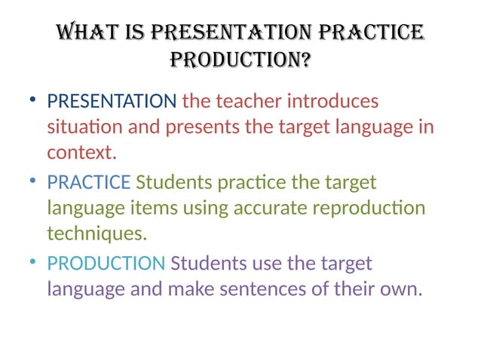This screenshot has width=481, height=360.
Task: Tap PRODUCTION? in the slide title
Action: (240, 60)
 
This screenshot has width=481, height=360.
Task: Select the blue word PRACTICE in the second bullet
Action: (89, 182)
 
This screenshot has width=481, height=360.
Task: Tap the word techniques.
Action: (97, 233)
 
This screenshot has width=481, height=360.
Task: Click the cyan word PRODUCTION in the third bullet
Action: (106, 264)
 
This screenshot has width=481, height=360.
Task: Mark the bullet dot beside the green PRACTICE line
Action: (32, 183)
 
